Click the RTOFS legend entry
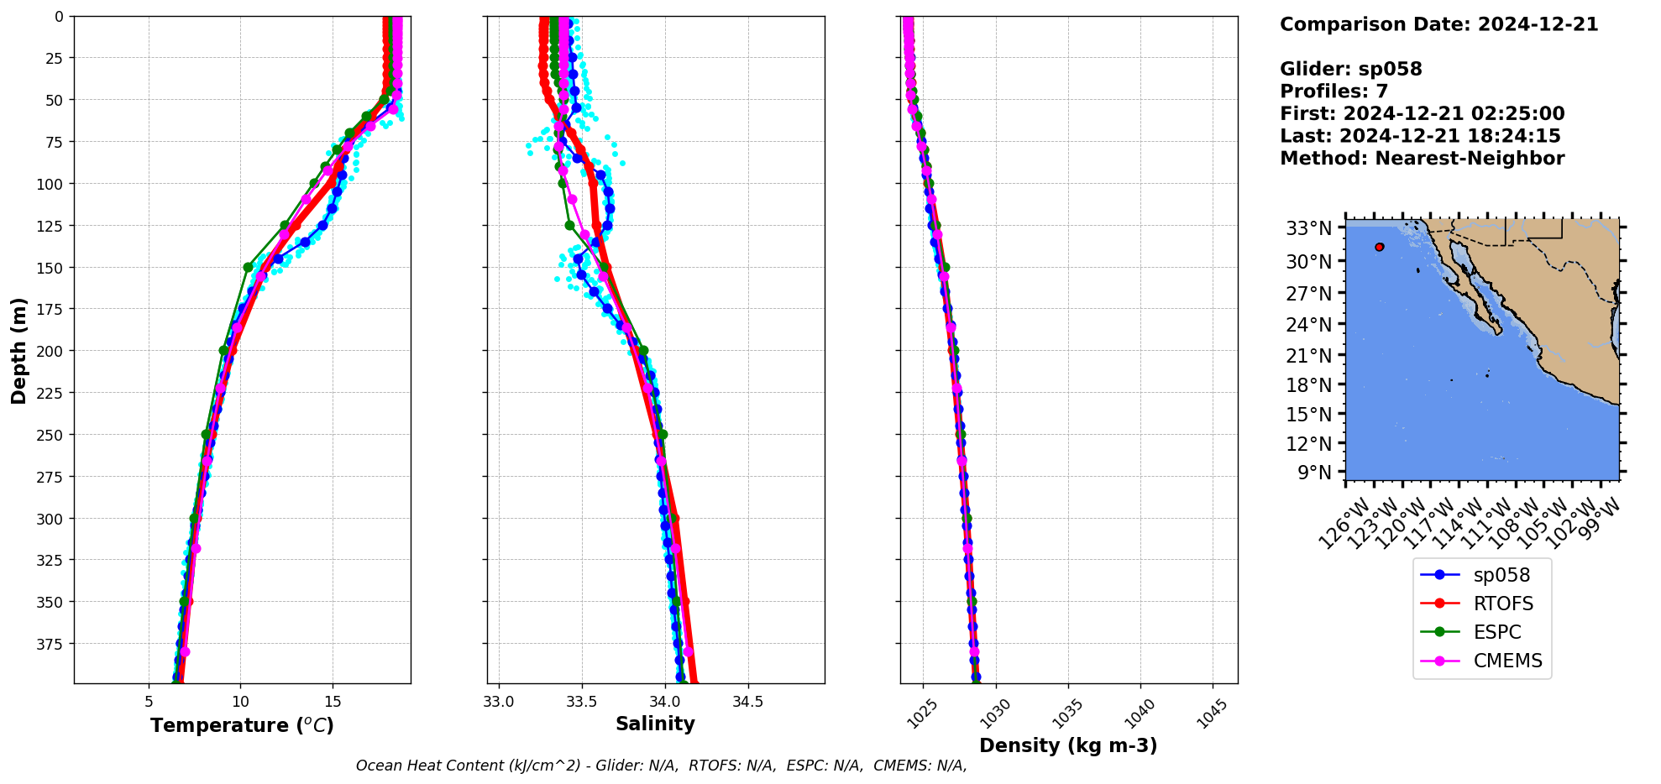[x=1502, y=604]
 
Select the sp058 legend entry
[x=1501, y=575]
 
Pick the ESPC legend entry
[x=1496, y=632]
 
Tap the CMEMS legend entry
[x=1507, y=661]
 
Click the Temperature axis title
[x=242, y=725]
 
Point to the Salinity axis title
[x=655, y=724]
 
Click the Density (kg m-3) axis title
[x=1068, y=745]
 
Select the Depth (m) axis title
[x=18, y=350]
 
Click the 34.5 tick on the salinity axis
[x=747, y=702]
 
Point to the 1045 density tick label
[x=1212, y=713]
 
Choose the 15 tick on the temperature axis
[x=333, y=702]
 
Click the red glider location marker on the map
[x=1380, y=247]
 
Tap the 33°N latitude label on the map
[x=1309, y=228]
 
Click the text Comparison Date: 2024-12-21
[x=1438, y=24]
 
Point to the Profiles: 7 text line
[x=1334, y=91]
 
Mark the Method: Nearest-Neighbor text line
[x=1422, y=159]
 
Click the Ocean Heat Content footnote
[x=661, y=766]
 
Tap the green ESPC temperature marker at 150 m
[x=249, y=267]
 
